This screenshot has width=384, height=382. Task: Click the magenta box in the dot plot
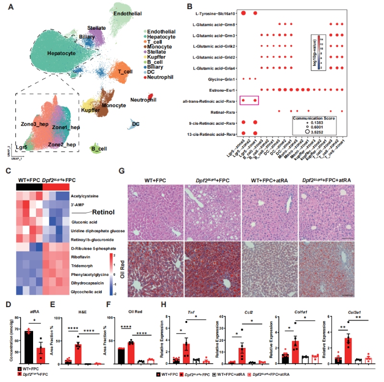(250, 100)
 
